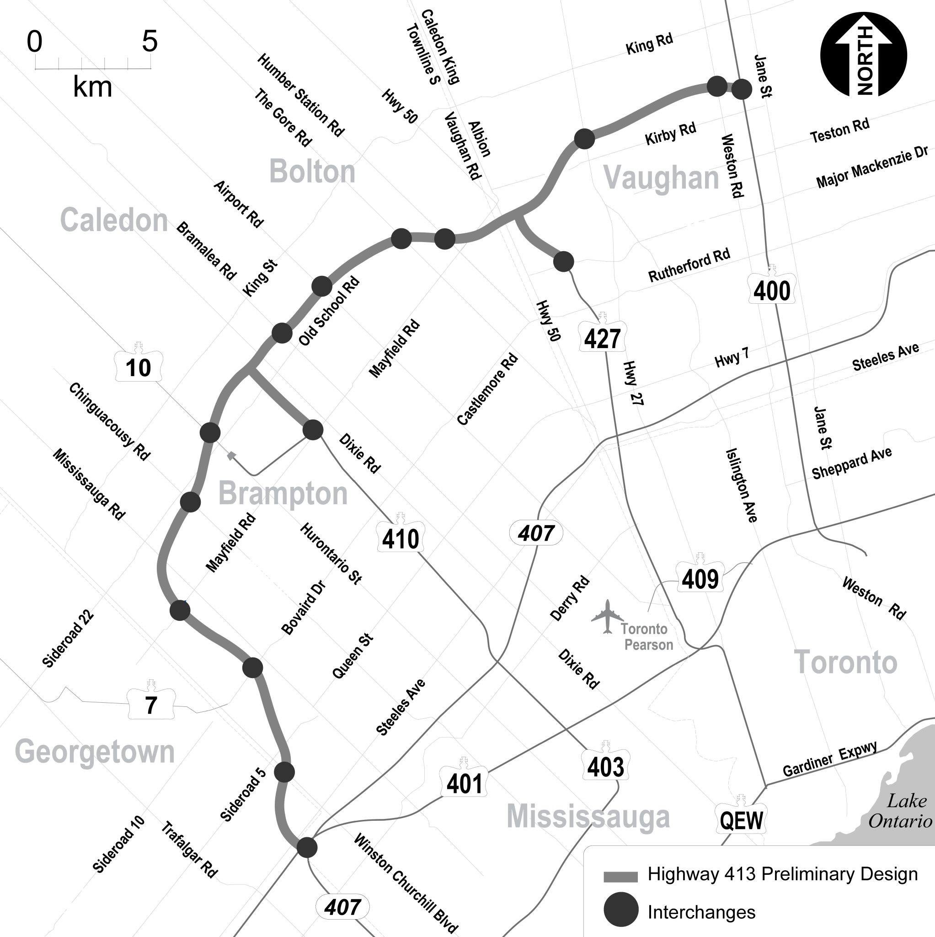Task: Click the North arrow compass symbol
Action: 863,54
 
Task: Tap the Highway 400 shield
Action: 772,290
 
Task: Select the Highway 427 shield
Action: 602,338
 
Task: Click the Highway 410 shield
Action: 401,538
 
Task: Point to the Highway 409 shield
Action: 700,578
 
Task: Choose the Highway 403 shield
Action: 605,766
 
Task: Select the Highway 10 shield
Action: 139,366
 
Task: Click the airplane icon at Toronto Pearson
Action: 607,616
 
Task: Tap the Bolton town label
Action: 312,172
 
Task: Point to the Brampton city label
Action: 283,493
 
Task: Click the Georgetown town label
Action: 95,752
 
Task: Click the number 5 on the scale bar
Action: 150,41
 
